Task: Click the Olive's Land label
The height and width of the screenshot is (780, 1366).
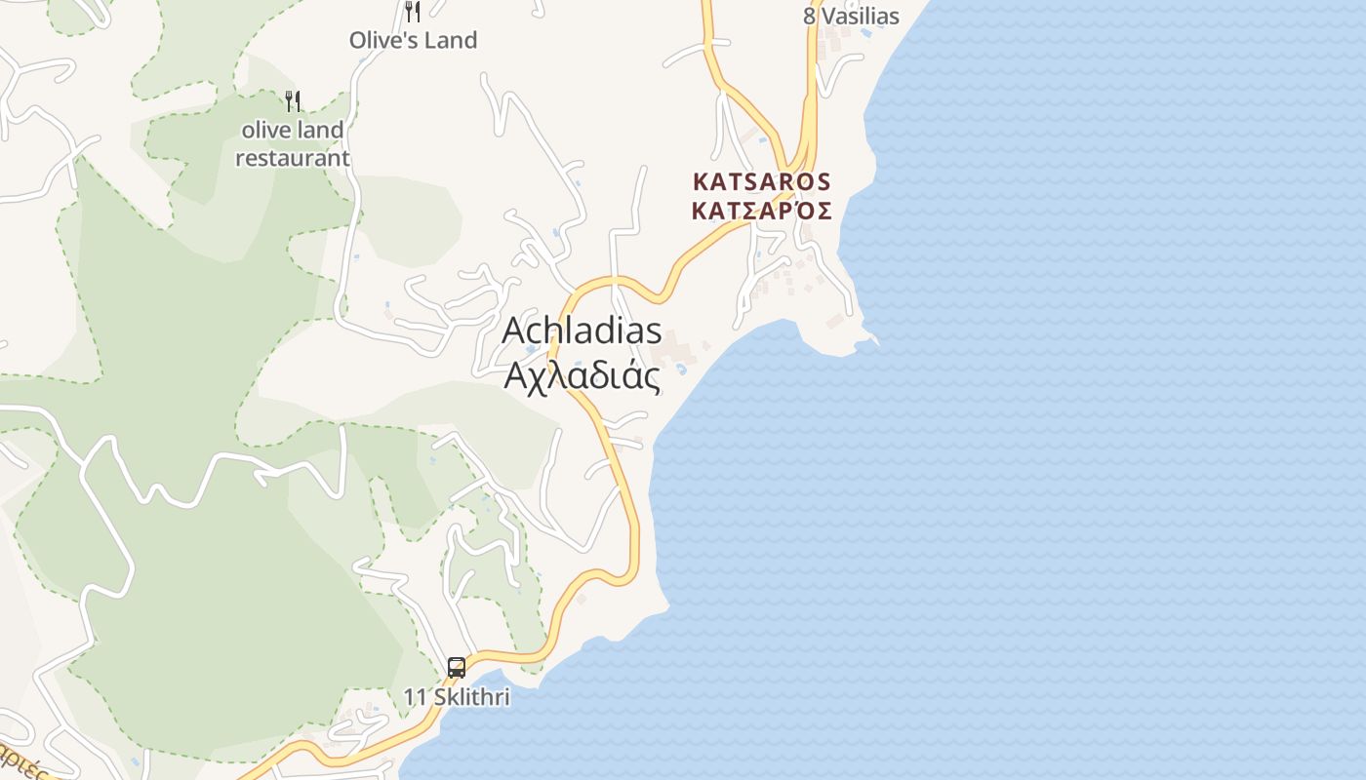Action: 413,40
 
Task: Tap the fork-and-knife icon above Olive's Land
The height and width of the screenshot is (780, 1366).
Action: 413,12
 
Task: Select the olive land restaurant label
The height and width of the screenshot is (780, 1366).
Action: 293,143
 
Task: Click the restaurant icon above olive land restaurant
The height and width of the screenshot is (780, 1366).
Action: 293,100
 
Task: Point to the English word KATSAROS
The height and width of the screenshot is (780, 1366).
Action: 761,181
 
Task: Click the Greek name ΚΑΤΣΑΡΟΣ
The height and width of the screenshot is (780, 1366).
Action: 761,211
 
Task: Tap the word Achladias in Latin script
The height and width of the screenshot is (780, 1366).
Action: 582,331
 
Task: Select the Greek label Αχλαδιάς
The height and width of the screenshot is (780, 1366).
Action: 582,375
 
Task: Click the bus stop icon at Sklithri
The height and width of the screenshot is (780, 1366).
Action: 457,668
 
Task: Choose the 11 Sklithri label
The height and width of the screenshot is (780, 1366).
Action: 457,698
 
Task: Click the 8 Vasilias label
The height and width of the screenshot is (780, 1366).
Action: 851,16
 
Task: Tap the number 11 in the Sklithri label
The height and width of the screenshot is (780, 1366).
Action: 416,698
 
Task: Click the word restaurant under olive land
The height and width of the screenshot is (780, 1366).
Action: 293,157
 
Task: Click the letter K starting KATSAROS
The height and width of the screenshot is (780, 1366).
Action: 700,181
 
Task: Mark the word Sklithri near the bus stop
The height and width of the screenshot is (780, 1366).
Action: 471,698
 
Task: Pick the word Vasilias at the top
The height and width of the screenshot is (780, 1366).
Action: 861,16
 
